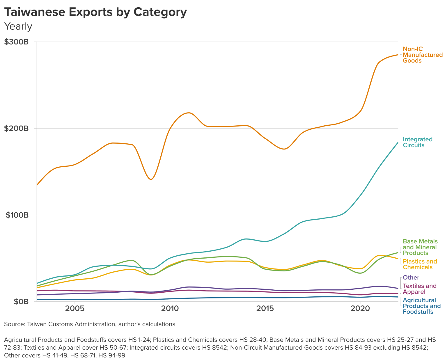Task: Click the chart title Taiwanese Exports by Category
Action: tap(95, 12)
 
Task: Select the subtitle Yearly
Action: tap(18, 26)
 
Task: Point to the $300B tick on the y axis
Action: tap(16, 42)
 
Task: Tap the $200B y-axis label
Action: tap(16, 128)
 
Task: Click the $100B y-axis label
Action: tap(17, 215)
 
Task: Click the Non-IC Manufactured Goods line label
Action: tap(422, 55)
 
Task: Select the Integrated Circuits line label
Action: tap(417, 142)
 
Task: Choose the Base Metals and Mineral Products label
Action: tap(420, 247)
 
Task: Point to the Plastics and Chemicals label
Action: tap(420, 264)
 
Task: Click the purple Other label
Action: tap(411, 277)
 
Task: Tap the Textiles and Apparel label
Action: tap(419, 289)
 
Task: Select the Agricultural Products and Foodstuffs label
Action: tap(421, 306)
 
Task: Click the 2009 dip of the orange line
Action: tap(151, 179)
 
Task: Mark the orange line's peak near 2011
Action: tap(189, 113)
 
